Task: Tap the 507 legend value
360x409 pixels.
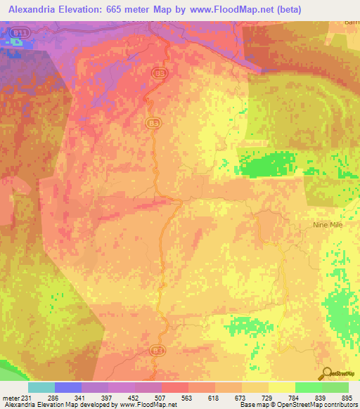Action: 149,398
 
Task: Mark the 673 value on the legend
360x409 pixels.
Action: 229,398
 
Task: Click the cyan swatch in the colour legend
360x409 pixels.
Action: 41,387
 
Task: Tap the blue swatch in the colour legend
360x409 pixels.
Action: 67,387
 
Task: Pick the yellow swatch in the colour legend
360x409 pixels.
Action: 282,387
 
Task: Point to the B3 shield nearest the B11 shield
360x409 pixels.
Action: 161,72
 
